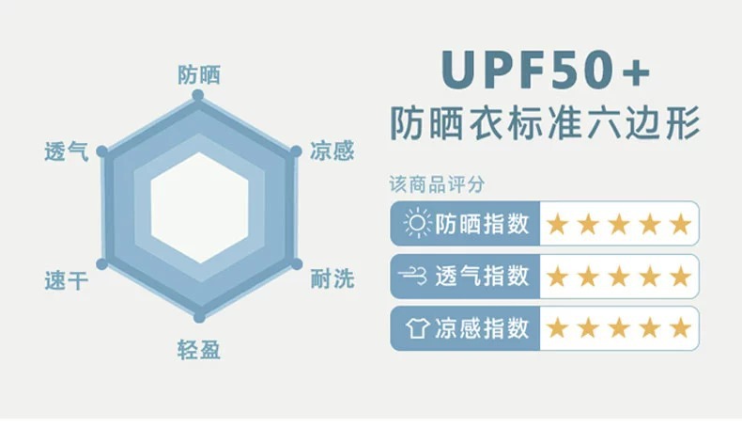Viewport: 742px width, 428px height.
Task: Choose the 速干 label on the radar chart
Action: pyautogui.click(x=67, y=279)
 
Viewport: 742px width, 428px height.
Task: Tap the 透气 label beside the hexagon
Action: pyautogui.click(x=67, y=151)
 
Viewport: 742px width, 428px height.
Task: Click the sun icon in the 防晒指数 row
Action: pyautogui.click(x=414, y=224)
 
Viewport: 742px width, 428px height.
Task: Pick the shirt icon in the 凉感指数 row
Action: pyautogui.click(x=414, y=328)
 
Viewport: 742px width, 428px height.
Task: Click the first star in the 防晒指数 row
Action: pyautogui.click(x=558, y=224)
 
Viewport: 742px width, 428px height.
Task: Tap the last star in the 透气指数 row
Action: pyautogui.click(x=680, y=277)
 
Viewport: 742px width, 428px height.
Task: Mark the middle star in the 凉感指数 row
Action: pyautogui.click(x=619, y=328)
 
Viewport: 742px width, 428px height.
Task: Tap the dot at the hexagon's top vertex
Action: pyautogui.click(x=198, y=96)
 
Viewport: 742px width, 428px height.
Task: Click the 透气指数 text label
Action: pyautogui.click(x=482, y=277)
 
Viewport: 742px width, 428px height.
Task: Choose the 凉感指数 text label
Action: pyautogui.click(x=482, y=328)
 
